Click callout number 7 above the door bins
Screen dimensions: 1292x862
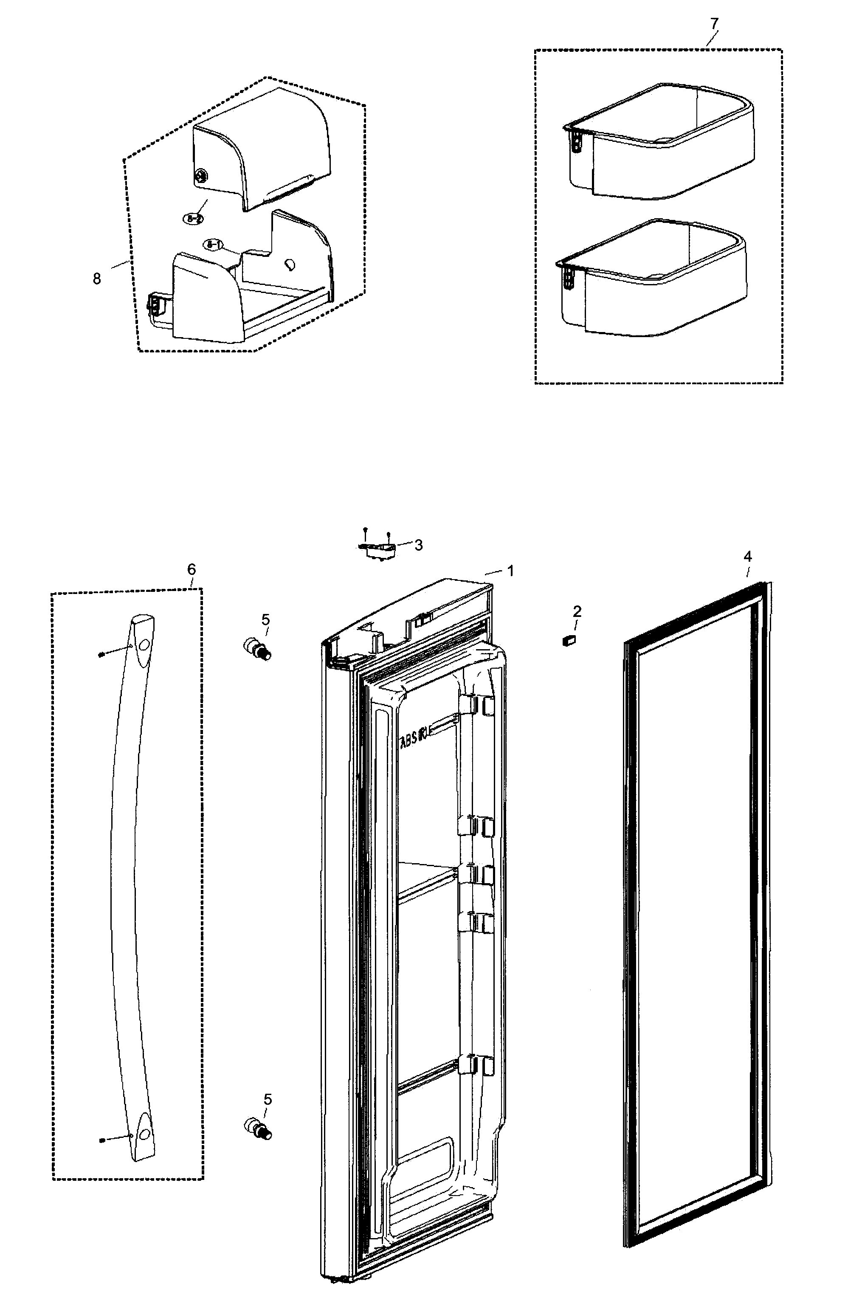(x=714, y=24)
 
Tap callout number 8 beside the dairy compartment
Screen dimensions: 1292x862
(x=97, y=279)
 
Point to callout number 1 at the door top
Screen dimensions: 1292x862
(x=510, y=571)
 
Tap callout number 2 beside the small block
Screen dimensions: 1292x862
(x=577, y=612)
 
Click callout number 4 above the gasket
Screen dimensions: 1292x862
(x=748, y=557)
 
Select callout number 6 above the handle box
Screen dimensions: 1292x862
(x=192, y=569)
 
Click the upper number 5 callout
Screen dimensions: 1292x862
(x=265, y=620)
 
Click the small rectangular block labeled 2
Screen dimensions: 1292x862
(x=569, y=640)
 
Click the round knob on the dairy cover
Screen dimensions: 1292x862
(x=201, y=176)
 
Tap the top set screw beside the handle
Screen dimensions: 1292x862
(x=101, y=654)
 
